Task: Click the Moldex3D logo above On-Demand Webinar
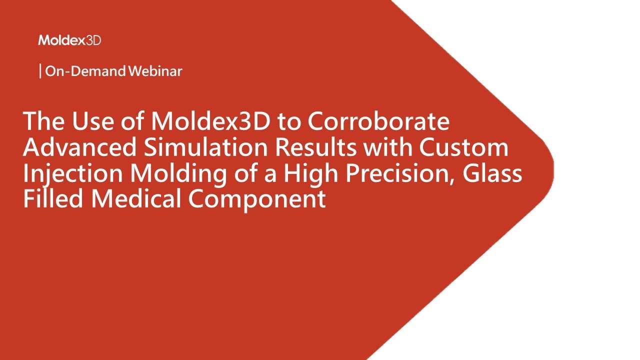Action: click(69, 40)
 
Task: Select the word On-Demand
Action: click(85, 71)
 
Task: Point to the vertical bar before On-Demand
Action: click(40, 71)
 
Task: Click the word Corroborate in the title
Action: click(378, 122)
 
